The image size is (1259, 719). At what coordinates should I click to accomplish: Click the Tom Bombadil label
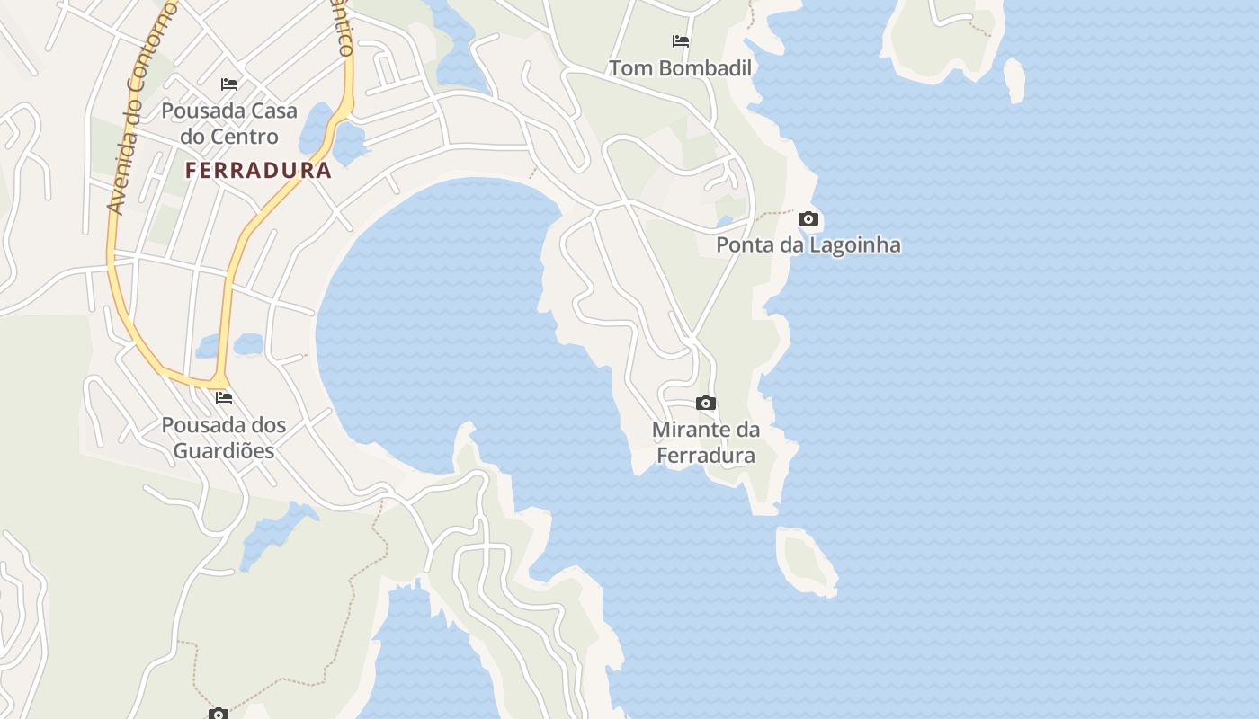pos(680,68)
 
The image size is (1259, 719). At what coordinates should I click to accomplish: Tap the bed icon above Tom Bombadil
pos(681,41)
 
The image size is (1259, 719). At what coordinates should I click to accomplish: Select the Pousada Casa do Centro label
pos(228,124)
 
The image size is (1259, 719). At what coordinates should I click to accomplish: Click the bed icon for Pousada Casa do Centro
pos(229,84)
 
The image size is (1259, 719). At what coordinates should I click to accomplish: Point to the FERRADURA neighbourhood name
pos(259,171)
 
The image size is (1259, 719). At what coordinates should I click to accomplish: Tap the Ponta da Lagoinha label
pos(808,245)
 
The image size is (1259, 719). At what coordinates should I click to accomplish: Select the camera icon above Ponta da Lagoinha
pos(808,219)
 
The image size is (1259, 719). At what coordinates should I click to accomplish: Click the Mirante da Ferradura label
pos(706,443)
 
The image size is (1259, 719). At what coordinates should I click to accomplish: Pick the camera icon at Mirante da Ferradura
pos(706,404)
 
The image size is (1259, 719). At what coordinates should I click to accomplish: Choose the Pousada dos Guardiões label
pos(224,438)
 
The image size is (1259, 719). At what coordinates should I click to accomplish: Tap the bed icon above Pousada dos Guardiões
pos(224,398)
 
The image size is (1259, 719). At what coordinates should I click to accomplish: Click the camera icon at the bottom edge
pos(218,714)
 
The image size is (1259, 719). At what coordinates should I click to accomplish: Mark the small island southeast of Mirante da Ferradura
pos(806,559)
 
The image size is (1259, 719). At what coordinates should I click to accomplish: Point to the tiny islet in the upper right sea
pos(1014,79)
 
